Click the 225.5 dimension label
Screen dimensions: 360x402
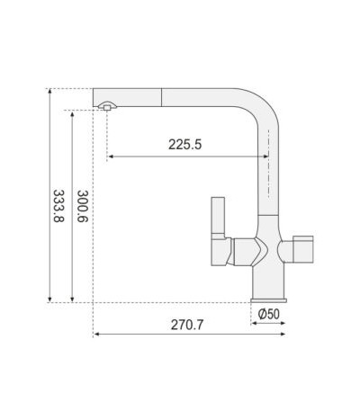pyautogui.click(x=184, y=145)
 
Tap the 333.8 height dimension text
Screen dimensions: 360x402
pyautogui.click(x=58, y=206)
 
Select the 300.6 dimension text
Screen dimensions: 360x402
pyautogui.click(x=83, y=206)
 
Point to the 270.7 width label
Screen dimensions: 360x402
pyautogui.click(x=187, y=325)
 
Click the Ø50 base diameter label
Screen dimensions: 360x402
pyautogui.click(x=268, y=314)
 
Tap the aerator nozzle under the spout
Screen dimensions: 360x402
pyautogui.click(x=107, y=106)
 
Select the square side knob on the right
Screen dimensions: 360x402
pyautogui.click(x=302, y=249)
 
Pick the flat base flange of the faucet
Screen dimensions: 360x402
pyautogui.click(x=268, y=300)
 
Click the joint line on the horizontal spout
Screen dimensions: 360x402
pyautogui.click(x=162, y=97)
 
